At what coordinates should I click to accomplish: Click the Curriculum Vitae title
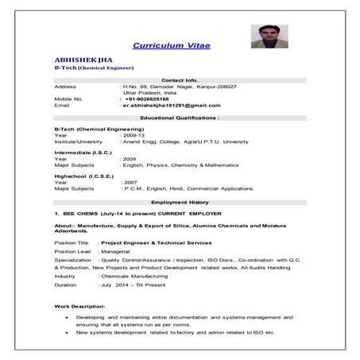click(172, 45)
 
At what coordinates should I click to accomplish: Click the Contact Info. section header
click(180, 79)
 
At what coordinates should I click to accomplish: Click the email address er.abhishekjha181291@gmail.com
click(169, 105)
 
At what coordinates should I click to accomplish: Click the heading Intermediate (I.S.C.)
click(83, 152)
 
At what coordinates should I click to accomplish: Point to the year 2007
click(130, 182)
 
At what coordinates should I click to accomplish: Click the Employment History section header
click(180, 202)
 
